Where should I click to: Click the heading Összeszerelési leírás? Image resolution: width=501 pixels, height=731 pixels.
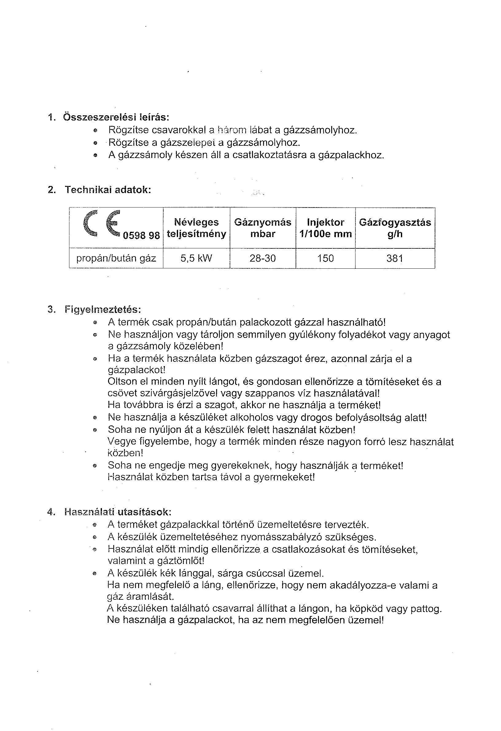116,117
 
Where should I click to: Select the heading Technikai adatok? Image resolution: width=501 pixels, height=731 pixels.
108,190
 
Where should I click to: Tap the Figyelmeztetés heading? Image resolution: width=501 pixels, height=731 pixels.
103,310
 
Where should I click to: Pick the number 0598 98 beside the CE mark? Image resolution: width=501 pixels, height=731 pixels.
141,235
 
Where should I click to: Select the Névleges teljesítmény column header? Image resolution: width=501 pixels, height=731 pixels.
196,228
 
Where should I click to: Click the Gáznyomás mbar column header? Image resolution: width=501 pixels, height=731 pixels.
262,228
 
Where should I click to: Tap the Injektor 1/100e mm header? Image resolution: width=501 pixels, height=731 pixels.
325,228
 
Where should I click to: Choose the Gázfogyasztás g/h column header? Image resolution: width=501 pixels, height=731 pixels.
395,228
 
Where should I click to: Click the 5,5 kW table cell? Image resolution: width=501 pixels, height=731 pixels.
196,259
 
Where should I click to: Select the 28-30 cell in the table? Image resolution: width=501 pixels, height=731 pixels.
262,259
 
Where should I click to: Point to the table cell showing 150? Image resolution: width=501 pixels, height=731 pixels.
325,259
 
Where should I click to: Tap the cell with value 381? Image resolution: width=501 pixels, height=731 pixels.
395,259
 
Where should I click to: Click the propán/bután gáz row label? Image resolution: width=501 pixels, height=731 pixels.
116,259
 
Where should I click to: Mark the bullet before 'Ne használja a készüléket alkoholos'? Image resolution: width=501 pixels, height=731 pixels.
95,418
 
